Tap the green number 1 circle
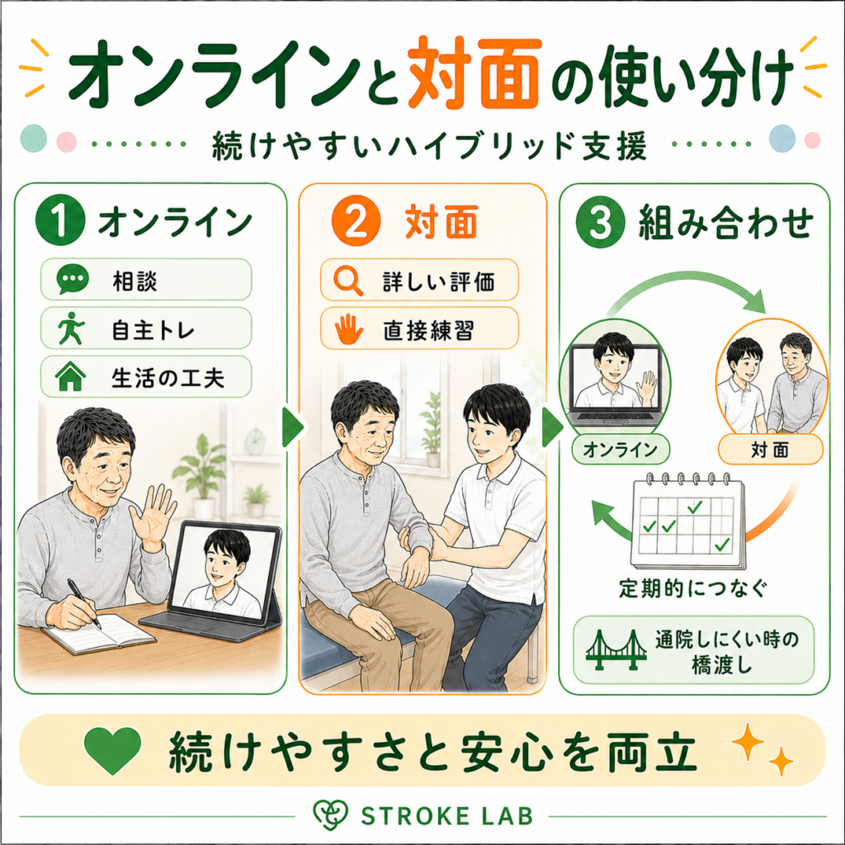[x=60, y=220]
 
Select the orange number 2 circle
[x=356, y=221]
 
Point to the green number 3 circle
[x=601, y=221]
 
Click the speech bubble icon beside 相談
[x=73, y=279]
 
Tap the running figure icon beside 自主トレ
[x=72, y=327]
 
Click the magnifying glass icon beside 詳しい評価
[x=348, y=281]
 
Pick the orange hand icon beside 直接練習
[x=349, y=328]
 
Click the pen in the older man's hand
[x=83, y=603]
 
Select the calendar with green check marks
[x=688, y=522]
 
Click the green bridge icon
[x=616, y=650]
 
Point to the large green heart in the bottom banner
[x=112, y=749]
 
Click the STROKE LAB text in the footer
[x=446, y=816]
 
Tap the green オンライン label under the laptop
[x=621, y=449]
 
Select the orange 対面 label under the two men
[x=770, y=450]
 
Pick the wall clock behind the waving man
[x=255, y=441]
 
